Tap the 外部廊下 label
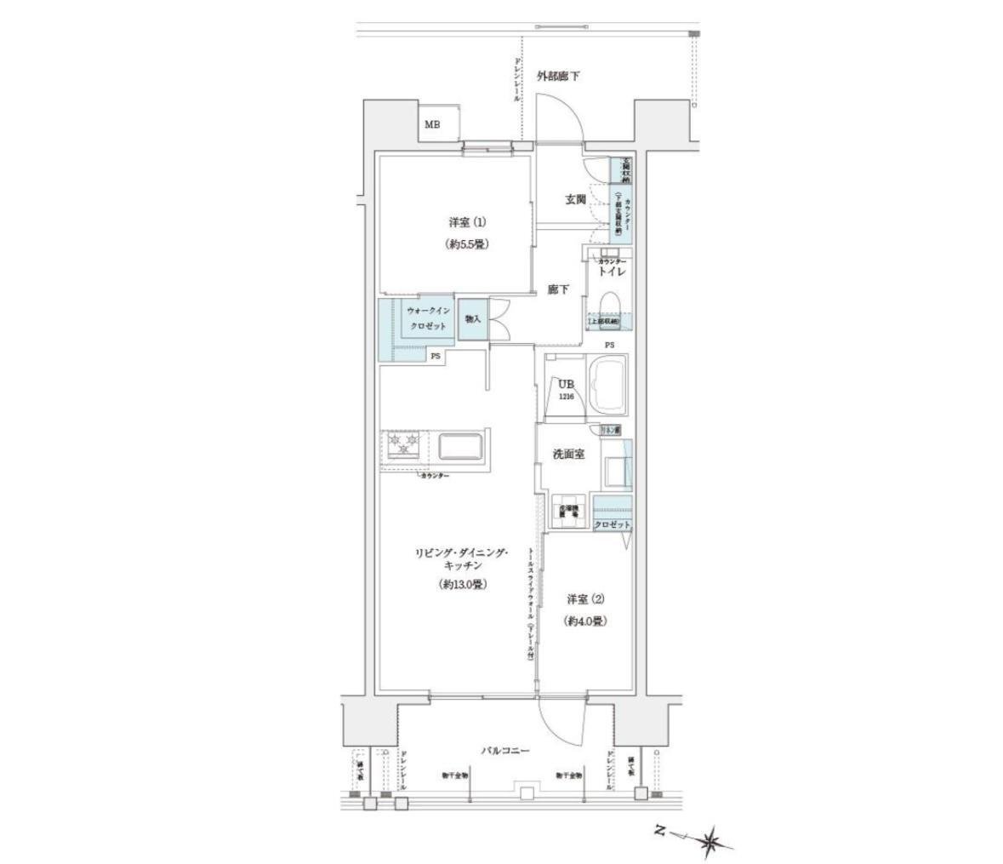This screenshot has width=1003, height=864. point(558,77)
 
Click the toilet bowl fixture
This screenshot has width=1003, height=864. point(610,304)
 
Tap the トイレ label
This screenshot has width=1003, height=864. point(613,272)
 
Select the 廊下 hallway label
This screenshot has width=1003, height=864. point(558,290)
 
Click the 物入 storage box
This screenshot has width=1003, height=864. point(472,319)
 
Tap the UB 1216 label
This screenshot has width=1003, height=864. point(566,389)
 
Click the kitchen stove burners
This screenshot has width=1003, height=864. point(404,445)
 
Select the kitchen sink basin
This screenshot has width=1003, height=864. point(459,446)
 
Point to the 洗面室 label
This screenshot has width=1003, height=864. point(567,455)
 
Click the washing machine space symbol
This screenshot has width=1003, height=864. point(569,509)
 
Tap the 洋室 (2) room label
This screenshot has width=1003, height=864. point(586,599)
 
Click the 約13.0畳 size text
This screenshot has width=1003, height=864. point(462,585)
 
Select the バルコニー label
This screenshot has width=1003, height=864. point(504,751)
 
